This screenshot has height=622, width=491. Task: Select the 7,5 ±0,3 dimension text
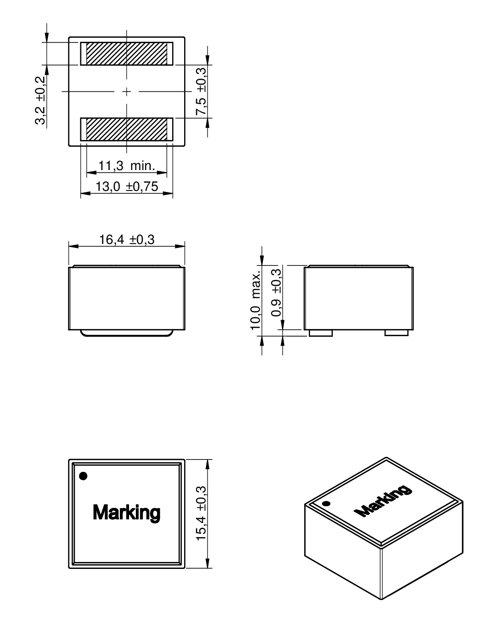[x=201, y=91]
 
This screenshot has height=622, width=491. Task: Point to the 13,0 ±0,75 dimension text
[x=127, y=186]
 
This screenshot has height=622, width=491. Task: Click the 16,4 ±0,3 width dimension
[x=127, y=240]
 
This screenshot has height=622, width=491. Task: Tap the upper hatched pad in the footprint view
[x=127, y=54]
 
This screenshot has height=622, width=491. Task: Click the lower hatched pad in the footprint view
[x=127, y=129]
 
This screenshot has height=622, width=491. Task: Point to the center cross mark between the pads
[x=127, y=92]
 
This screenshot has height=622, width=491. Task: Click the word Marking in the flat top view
[x=126, y=512]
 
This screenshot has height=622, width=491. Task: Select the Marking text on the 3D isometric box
[x=382, y=501]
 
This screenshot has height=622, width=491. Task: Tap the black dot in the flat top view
[x=83, y=476]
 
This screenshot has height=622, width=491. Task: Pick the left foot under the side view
[x=321, y=333]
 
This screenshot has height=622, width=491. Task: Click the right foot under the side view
[x=396, y=333]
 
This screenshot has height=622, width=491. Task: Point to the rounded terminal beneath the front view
[x=127, y=333]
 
